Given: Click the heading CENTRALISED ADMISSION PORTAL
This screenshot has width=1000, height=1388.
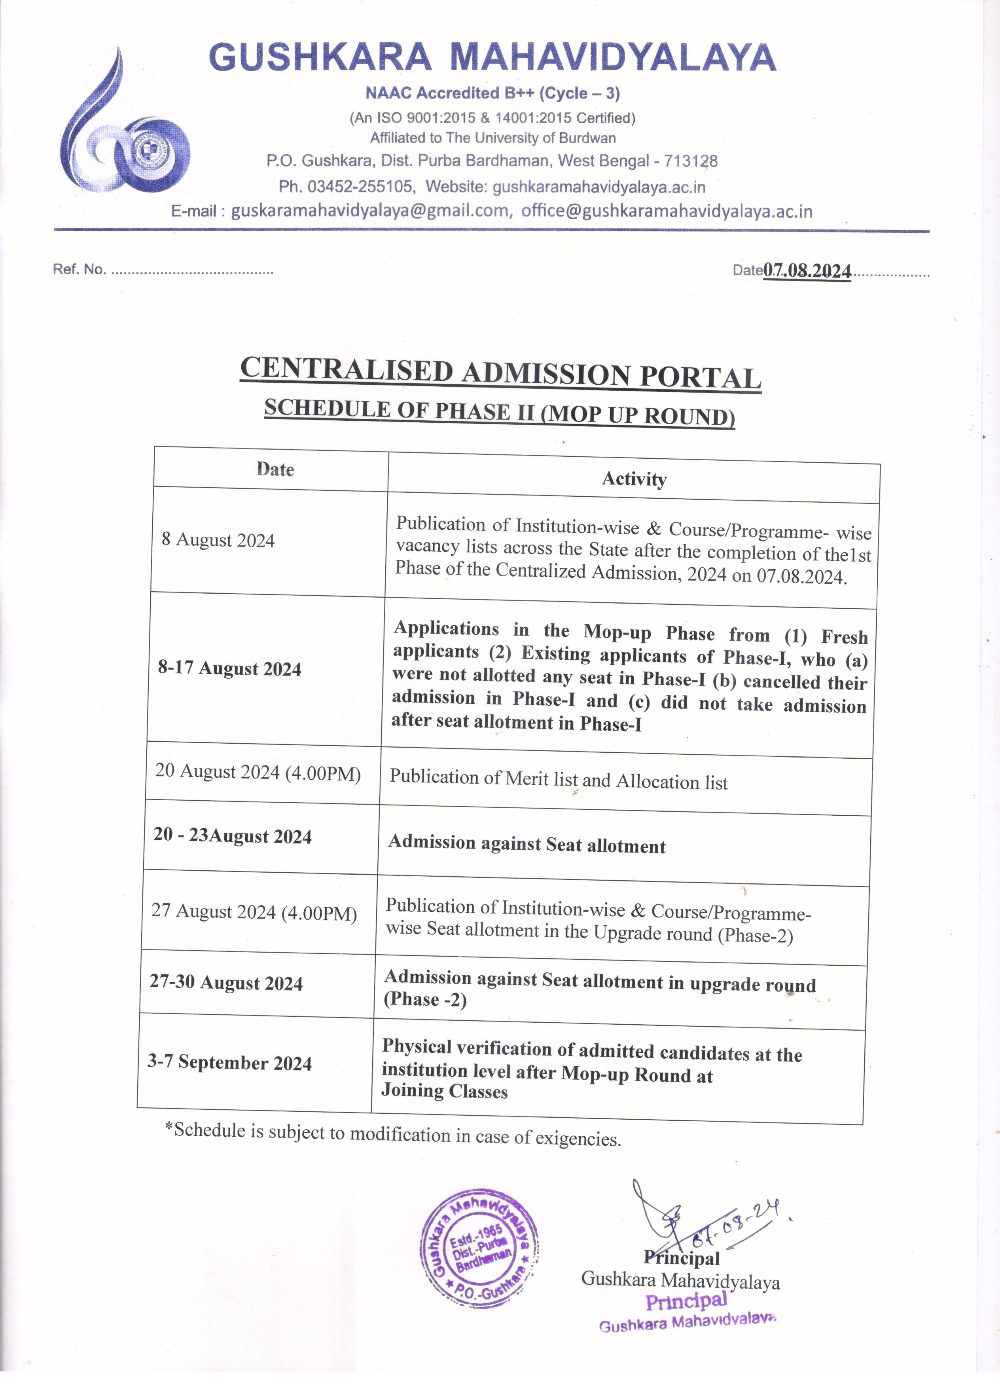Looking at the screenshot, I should click(500, 373).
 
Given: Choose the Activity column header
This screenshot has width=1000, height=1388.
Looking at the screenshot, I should click(634, 478).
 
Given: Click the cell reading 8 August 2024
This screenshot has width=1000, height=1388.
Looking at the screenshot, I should click(218, 540).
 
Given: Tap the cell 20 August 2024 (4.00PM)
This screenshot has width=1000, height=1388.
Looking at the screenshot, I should click(258, 772).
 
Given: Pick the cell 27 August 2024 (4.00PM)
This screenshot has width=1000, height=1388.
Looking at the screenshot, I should click(254, 912).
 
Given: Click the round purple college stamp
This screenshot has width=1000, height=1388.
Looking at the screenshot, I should click(479, 1242).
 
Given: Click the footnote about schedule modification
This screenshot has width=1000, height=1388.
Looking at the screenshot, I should click(393, 1134).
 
